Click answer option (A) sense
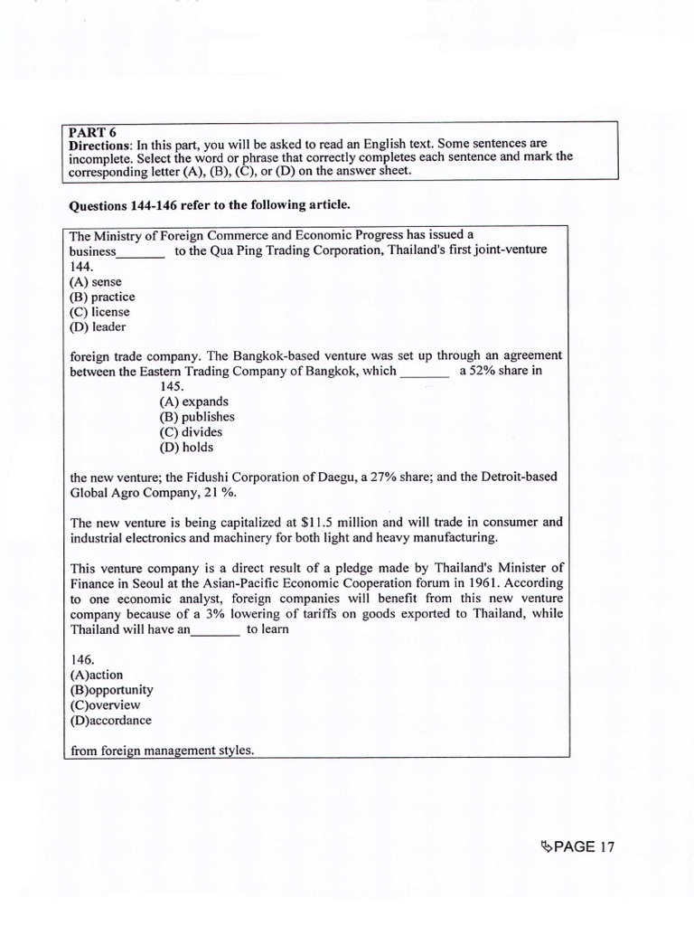point(95,281)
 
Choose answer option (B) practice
point(102,297)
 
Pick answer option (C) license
point(99,311)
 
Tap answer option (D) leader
point(98,326)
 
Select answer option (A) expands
point(193,402)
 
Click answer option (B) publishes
point(197,417)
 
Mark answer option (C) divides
point(191,432)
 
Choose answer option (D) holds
point(187,447)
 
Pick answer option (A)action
point(96,675)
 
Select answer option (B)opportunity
point(111,690)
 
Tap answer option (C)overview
point(105,704)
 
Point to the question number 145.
point(172,386)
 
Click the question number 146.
point(81,660)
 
